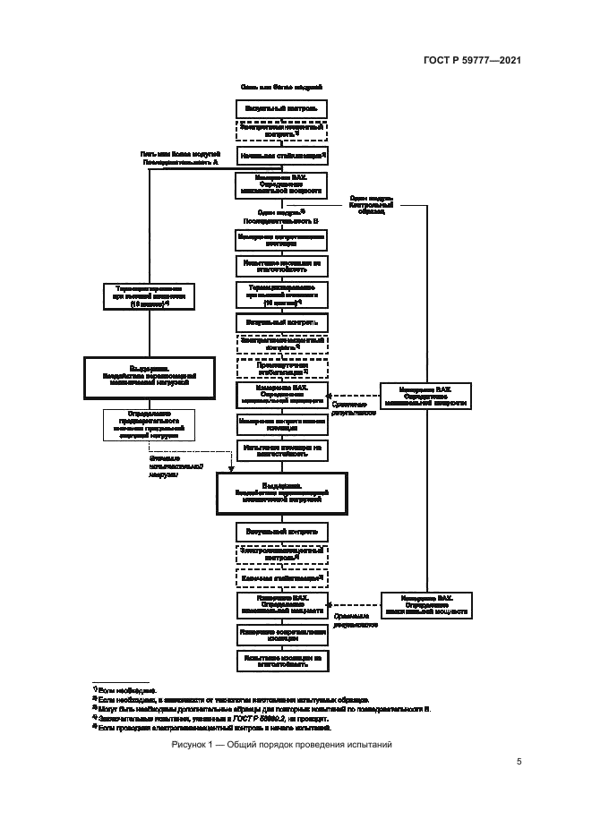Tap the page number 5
pos(519,762)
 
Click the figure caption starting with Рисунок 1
pos(281,745)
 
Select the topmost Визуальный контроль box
pos(281,107)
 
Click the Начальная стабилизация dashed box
pos(281,156)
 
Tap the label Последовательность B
pos(281,219)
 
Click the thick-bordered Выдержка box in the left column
pos(150,377)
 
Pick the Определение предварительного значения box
pos(150,425)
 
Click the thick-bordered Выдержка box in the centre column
pos(281,493)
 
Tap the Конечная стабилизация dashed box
pos(281,578)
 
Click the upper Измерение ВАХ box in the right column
pos(426,396)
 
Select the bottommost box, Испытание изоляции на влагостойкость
pos(281,661)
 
